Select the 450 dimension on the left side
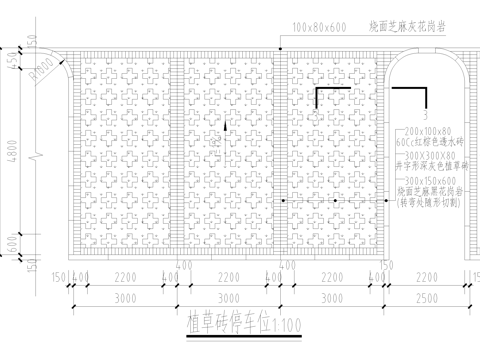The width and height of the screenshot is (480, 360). [x=13, y=63]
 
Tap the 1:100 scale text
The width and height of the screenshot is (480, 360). [x=287, y=323]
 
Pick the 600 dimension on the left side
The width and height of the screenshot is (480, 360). [x=13, y=239]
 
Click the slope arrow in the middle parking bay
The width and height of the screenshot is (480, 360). [x=229, y=127]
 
